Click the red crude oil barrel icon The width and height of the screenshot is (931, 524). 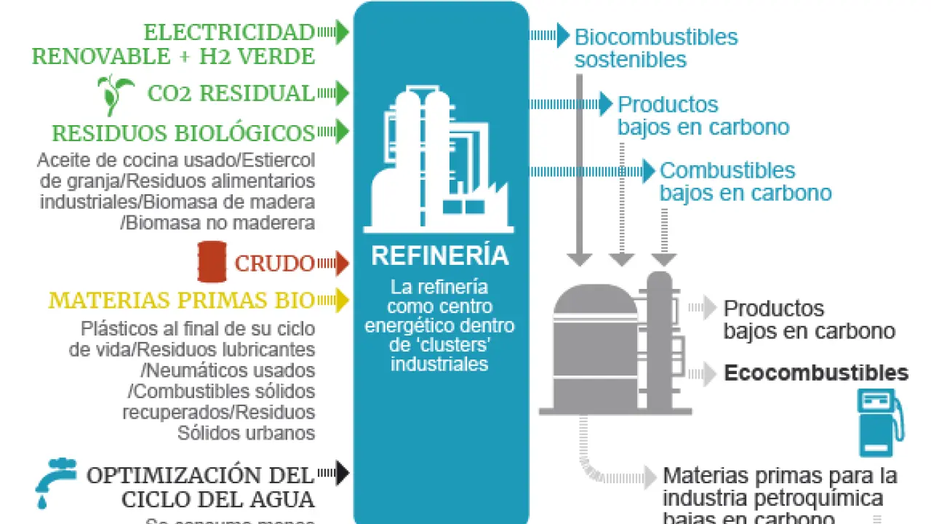click(x=212, y=262)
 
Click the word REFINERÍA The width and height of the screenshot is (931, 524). click(x=440, y=256)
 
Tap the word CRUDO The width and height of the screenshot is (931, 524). click(x=274, y=263)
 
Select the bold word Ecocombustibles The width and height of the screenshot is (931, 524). click(x=816, y=373)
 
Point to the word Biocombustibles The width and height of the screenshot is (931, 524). click(x=656, y=37)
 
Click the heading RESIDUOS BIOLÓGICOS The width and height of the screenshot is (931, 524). click(x=183, y=133)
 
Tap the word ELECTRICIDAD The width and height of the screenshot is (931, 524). click(x=228, y=33)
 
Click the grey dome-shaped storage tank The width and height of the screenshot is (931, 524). click(x=595, y=346)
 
